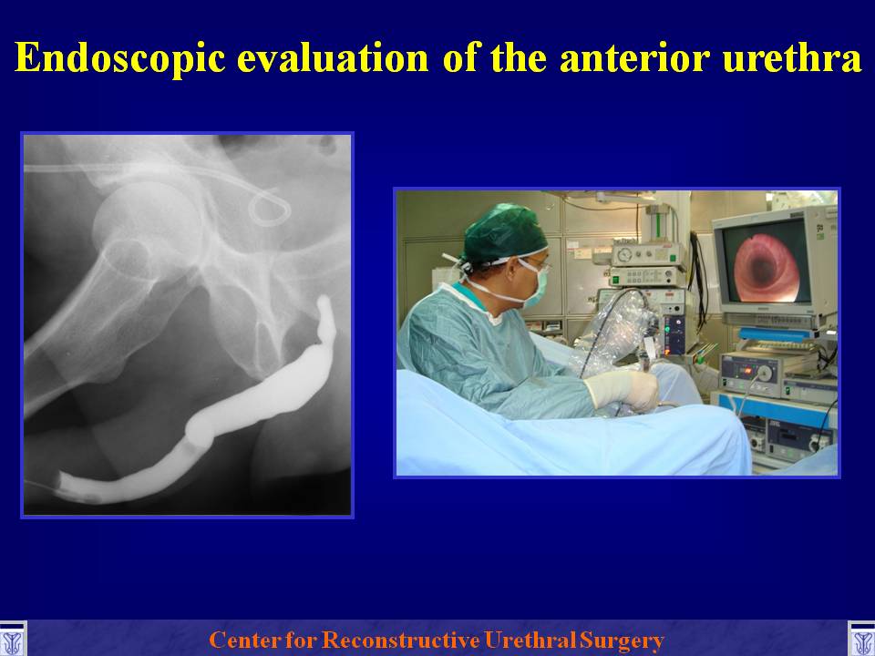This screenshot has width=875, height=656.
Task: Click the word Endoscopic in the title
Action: pos(120,57)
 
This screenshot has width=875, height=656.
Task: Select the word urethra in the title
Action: pos(792,58)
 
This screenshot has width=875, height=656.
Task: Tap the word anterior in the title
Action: pos(635,58)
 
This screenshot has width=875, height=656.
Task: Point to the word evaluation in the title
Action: pos(334,57)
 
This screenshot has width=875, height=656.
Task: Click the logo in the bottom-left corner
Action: pos(12,640)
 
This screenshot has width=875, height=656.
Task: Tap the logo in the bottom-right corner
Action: pos(861,640)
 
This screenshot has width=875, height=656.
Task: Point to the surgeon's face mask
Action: pos(533,284)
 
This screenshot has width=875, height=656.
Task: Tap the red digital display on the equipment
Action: pos(745,370)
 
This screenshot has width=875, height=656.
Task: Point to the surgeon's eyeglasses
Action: pos(537,262)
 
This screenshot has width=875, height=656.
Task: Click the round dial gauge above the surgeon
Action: pos(625,255)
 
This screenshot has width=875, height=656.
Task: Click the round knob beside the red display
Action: pos(765,372)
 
